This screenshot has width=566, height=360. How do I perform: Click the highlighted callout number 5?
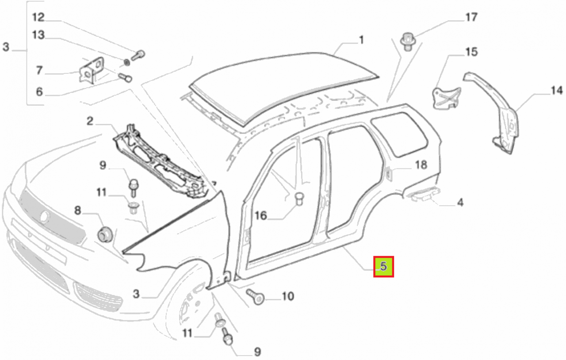(x=383, y=266)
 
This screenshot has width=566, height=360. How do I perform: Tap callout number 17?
(x=471, y=17)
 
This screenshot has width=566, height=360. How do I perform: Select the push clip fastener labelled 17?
(x=408, y=42)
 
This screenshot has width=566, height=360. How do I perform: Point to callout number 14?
(x=557, y=90)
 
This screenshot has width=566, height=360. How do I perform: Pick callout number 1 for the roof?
(x=361, y=40)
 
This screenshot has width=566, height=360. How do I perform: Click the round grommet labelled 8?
(x=105, y=234)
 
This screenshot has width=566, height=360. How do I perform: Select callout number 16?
(x=260, y=216)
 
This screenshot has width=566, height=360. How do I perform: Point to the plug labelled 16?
(x=299, y=199)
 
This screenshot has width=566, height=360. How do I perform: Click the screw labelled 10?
(x=255, y=297)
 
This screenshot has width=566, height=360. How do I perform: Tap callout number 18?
(x=421, y=165)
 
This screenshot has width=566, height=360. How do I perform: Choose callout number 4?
(x=460, y=203)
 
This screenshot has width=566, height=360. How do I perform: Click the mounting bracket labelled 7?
(x=91, y=70)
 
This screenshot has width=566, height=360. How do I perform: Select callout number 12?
(x=38, y=17)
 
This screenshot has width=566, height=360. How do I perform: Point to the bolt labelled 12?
(x=138, y=55)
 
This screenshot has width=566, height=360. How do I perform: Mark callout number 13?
(x=38, y=35)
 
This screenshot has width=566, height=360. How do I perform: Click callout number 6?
(x=39, y=92)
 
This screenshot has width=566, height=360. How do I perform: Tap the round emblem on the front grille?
(x=45, y=217)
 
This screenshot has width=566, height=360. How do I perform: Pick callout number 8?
(x=77, y=211)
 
